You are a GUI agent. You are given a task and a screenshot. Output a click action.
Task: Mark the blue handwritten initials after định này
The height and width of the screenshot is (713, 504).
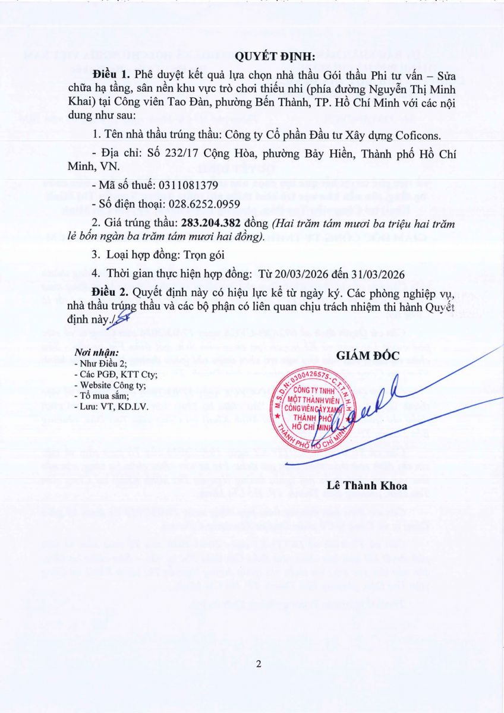[120, 319]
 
